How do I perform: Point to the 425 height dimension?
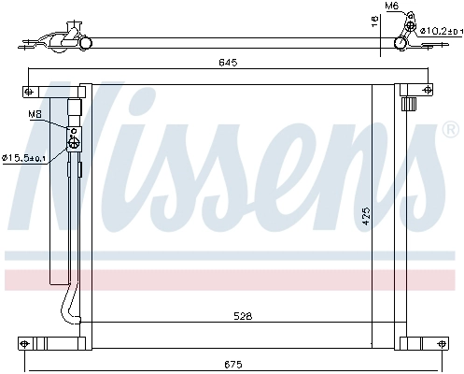[367, 216]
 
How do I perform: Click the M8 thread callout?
[35, 115]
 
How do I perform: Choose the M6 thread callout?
[393, 7]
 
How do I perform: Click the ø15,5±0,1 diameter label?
[36, 157]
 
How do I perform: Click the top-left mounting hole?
[29, 91]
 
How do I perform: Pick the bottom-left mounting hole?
[29, 342]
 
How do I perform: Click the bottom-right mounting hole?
[433, 342]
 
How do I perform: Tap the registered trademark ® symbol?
[450, 129]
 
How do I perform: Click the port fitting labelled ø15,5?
[72, 142]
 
